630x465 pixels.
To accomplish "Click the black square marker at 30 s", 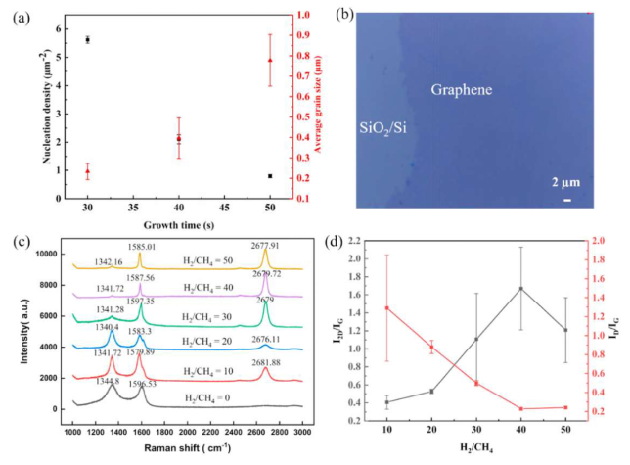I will [x=88, y=40].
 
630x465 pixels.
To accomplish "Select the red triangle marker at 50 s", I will [x=269, y=61].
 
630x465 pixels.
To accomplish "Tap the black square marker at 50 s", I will [x=269, y=176].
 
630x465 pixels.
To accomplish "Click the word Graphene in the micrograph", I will [x=463, y=90].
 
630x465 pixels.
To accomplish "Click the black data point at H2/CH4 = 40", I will [x=520, y=288].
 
